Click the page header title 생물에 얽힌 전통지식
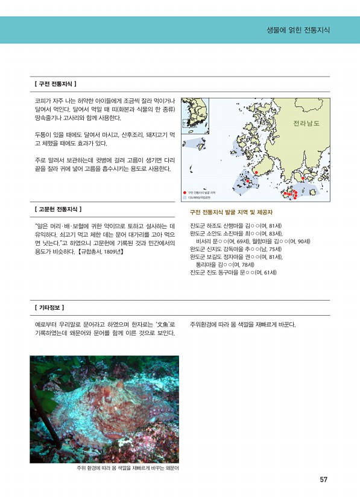(x=298, y=30)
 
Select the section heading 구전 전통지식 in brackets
(x=55, y=83)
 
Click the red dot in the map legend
(x=185, y=193)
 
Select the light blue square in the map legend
(x=185, y=197)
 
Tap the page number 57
(x=323, y=480)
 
